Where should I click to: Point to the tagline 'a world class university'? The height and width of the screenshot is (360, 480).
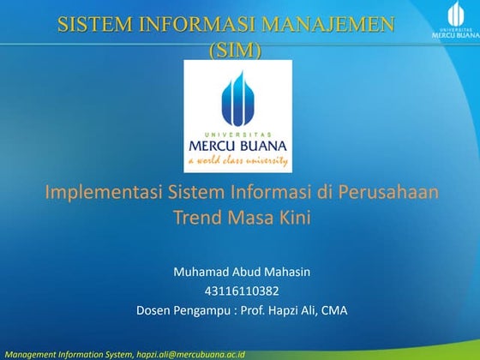click(x=237, y=161)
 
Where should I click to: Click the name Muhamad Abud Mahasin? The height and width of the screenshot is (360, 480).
click(x=241, y=272)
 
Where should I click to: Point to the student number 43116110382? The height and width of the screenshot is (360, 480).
click(x=241, y=291)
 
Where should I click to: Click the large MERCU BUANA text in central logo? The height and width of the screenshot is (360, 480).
click(x=237, y=146)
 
